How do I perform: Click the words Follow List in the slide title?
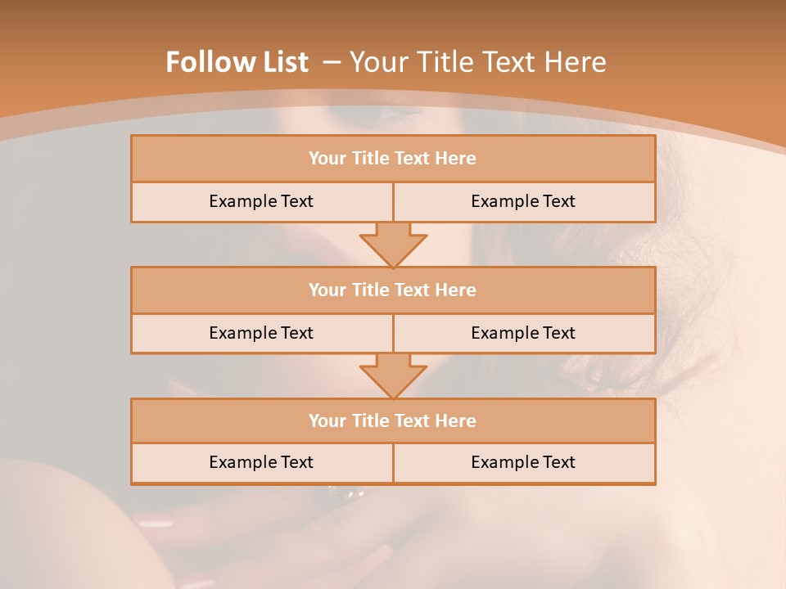pos(237,62)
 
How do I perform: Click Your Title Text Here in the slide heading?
pos(477,62)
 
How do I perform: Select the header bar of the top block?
pos(393,159)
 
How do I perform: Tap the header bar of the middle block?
pos(393,290)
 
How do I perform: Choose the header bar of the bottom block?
pos(393,420)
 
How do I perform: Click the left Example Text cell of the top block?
pos(261,201)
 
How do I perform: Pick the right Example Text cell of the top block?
pos(523,201)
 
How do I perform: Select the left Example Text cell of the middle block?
pos(261,333)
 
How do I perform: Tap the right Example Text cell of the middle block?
pos(523,333)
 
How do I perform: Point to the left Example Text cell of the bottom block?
pos(261,462)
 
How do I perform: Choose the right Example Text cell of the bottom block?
pos(523,462)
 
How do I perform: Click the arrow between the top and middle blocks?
pos(393,244)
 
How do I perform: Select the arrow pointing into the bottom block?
pos(393,375)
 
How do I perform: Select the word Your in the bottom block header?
pos(327,420)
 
